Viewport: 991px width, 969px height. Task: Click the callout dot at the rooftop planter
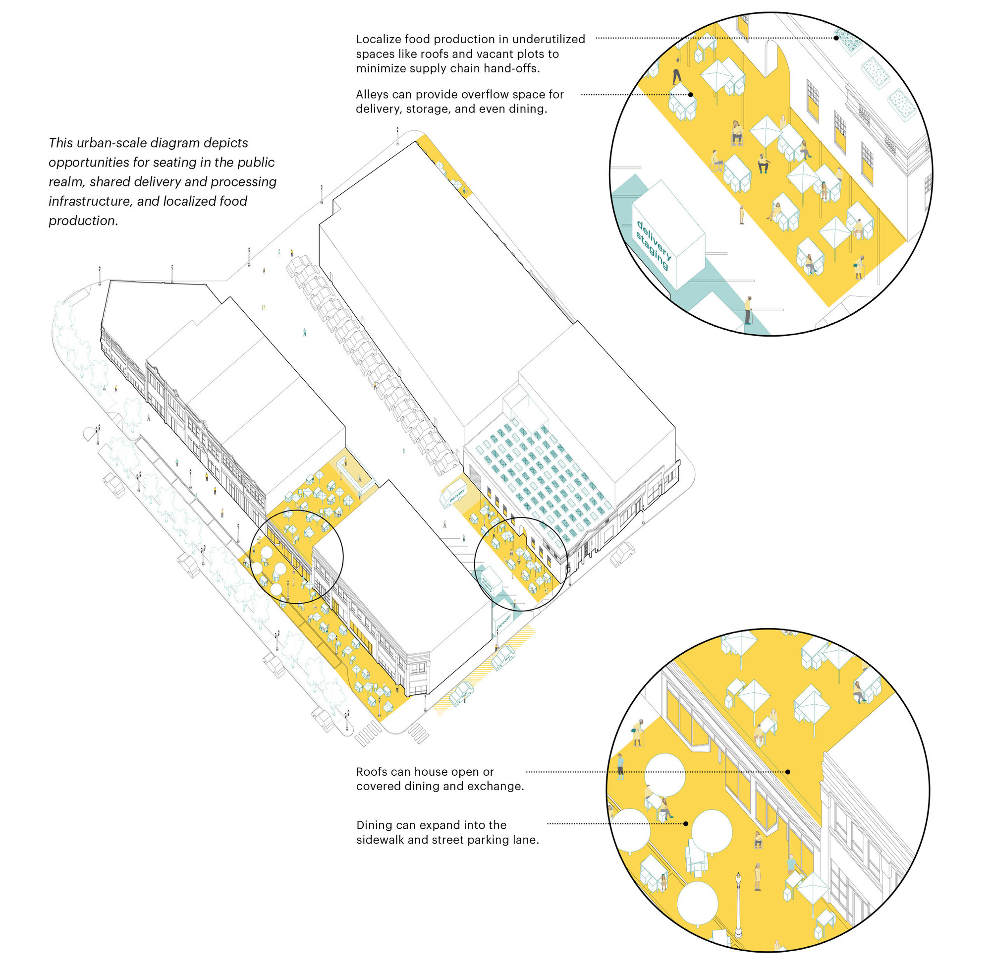[x=836, y=38]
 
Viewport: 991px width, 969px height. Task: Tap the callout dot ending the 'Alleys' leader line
[x=691, y=95]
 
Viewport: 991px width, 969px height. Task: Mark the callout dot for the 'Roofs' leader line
[x=787, y=772]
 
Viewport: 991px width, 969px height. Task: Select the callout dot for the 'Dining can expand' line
[x=686, y=823]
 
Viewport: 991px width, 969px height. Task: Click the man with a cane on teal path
[x=748, y=309]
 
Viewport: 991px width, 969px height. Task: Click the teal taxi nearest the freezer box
[x=502, y=657]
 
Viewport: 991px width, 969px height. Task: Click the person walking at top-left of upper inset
[x=677, y=71]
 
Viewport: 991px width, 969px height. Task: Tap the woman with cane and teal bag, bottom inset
[x=637, y=733]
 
